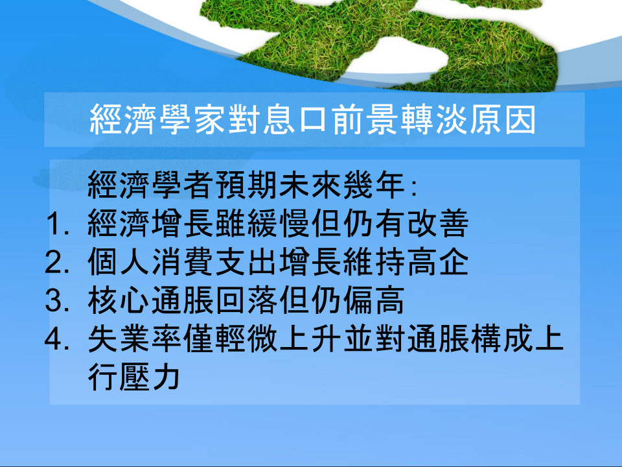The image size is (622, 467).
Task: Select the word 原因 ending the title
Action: [x=503, y=119]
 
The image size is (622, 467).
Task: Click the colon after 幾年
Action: [x=414, y=188]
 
